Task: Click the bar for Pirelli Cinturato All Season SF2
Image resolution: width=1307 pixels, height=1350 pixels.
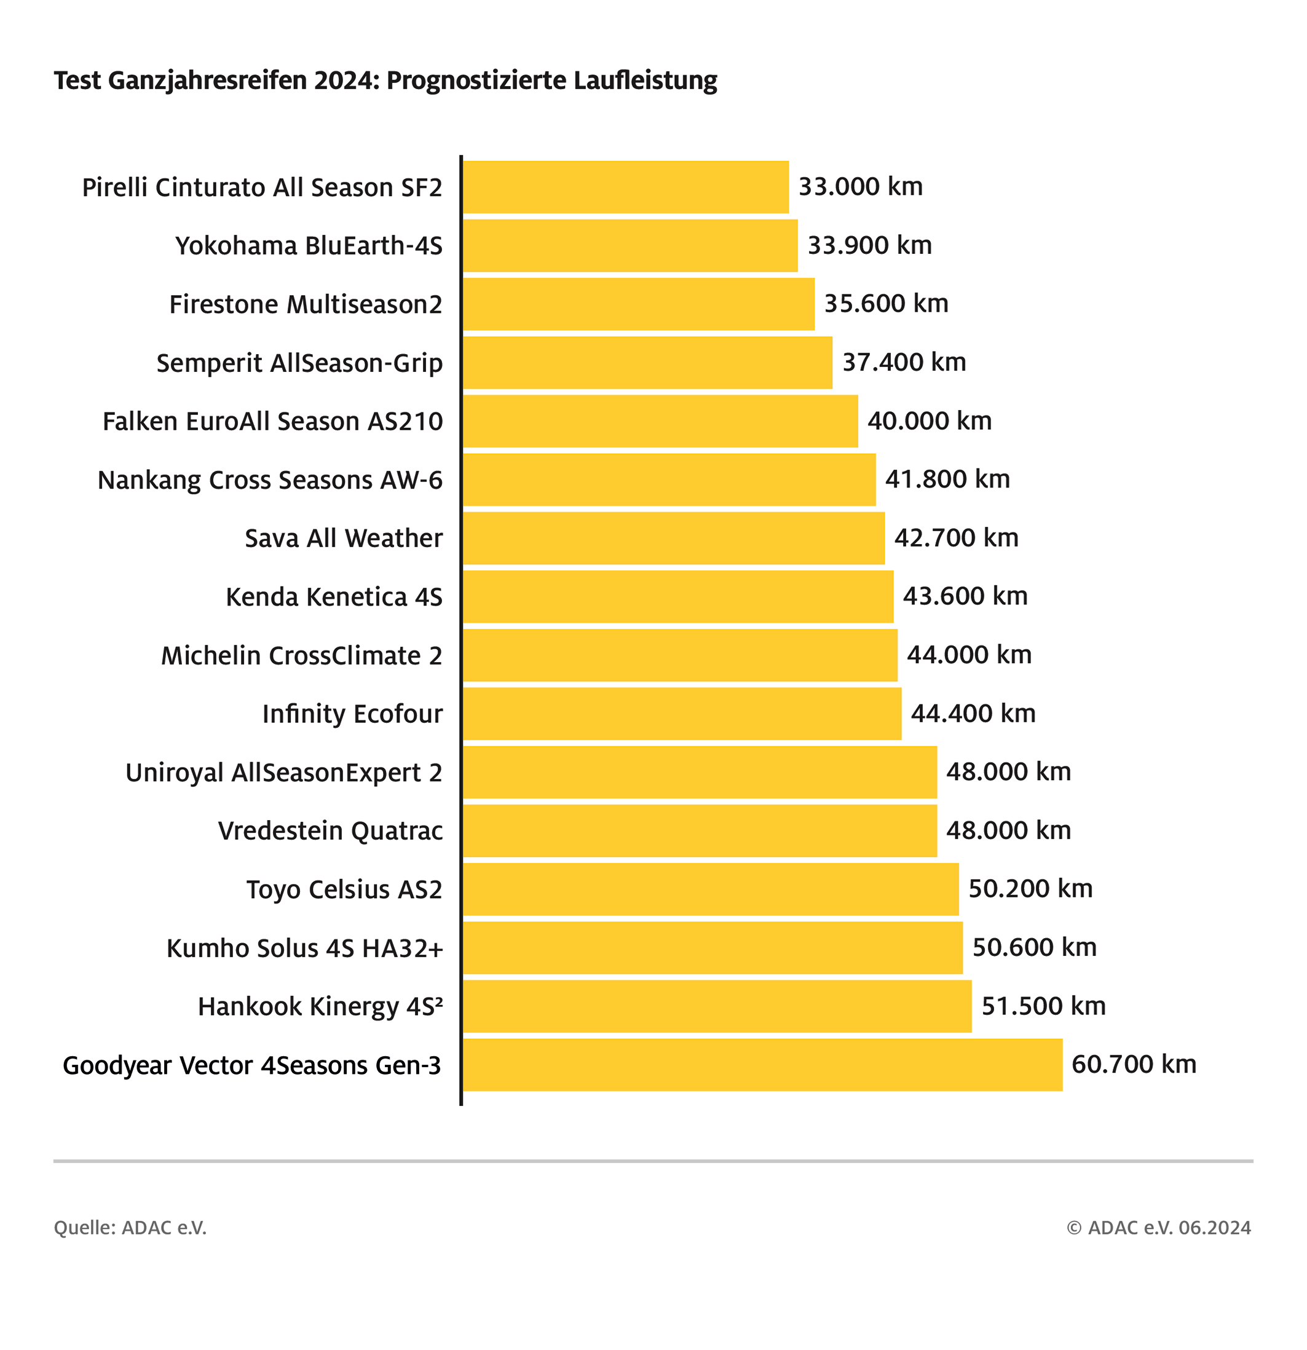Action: pyautogui.click(x=625, y=187)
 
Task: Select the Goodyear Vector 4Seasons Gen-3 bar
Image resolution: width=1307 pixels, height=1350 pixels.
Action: pyautogui.click(x=762, y=1065)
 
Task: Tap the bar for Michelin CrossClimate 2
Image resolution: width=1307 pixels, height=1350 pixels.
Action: pyautogui.click(x=680, y=655)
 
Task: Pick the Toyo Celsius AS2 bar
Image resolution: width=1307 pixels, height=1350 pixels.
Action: pyautogui.click(x=710, y=889)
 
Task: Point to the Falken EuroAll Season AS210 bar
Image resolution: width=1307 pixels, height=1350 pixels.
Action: pyautogui.click(x=660, y=421)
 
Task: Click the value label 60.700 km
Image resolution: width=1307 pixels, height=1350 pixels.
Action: pyautogui.click(x=1134, y=1065)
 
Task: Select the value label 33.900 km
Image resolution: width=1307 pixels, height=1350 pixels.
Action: pyautogui.click(x=869, y=245)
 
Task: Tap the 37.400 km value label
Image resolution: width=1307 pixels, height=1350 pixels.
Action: pyautogui.click(x=904, y=362)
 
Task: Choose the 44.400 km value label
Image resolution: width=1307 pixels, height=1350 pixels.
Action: pyautogui.click(x=973, y=714)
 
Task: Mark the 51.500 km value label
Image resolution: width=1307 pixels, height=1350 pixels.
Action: pyautogui.click(x=1043, y=1006)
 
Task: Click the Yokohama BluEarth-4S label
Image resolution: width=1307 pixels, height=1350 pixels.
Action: pyautogui.click(x=309, y=246)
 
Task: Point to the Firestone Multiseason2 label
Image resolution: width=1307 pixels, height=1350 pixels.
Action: pyautogui.click(x=306, y=304)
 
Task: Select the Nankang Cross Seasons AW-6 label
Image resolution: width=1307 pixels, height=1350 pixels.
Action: pyautogui.click(x=270, y=480)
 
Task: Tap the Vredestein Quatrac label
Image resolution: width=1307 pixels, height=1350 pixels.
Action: pyautogui.click(x=331, y=831)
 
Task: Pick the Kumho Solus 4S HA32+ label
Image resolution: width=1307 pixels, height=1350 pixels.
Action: pyautogui.click(x=304, y=949)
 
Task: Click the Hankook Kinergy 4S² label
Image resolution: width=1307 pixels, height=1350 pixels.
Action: pyautogui.click(x=320, y=1007)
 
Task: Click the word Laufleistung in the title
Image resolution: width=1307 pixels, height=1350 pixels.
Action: pyautogui.click(x=644, y=81)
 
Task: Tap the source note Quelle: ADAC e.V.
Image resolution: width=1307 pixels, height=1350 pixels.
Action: pyautogui.click(x=130, y=1228)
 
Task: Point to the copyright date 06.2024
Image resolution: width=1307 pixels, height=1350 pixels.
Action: pyautogui.click(x=1215, y=1228)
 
